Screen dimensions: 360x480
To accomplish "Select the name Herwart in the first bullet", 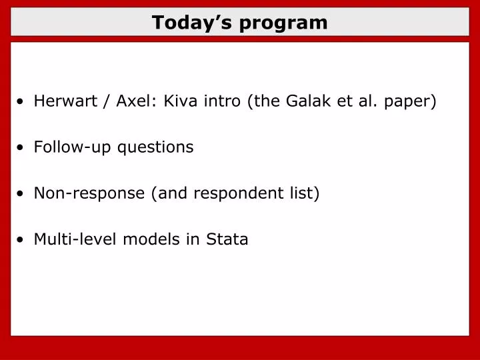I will coord(62,101).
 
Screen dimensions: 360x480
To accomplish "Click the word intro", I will coord(223,101).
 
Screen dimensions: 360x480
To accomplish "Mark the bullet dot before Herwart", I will coord(22,103).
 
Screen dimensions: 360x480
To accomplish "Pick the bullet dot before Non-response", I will coord(22,195).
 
